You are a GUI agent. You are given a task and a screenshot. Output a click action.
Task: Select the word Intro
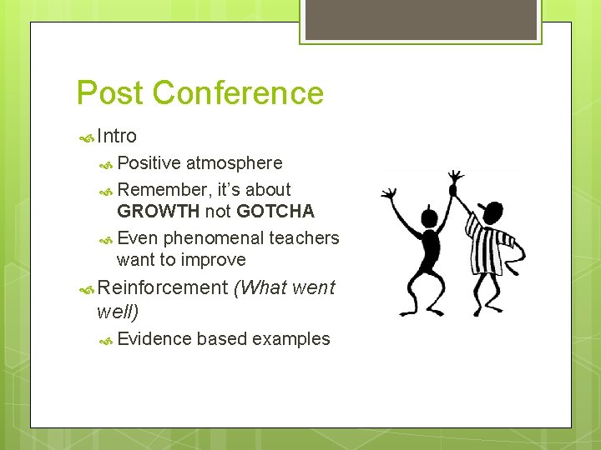[117, 136]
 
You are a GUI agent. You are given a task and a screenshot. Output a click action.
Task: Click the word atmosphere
[234, 163]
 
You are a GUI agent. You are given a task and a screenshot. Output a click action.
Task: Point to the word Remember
[161, 190]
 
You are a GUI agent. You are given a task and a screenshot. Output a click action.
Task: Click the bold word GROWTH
[159, 212]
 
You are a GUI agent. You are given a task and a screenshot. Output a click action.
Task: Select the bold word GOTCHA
[275, 212]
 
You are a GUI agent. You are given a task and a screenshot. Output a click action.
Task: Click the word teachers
[304, 238]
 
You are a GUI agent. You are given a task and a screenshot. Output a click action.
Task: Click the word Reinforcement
[162, 288]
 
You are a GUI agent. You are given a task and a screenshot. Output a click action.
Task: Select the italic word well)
[118, 312]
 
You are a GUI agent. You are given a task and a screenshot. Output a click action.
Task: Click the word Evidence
[154, 339]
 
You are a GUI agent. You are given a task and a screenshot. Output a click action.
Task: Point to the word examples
[290, 339]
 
